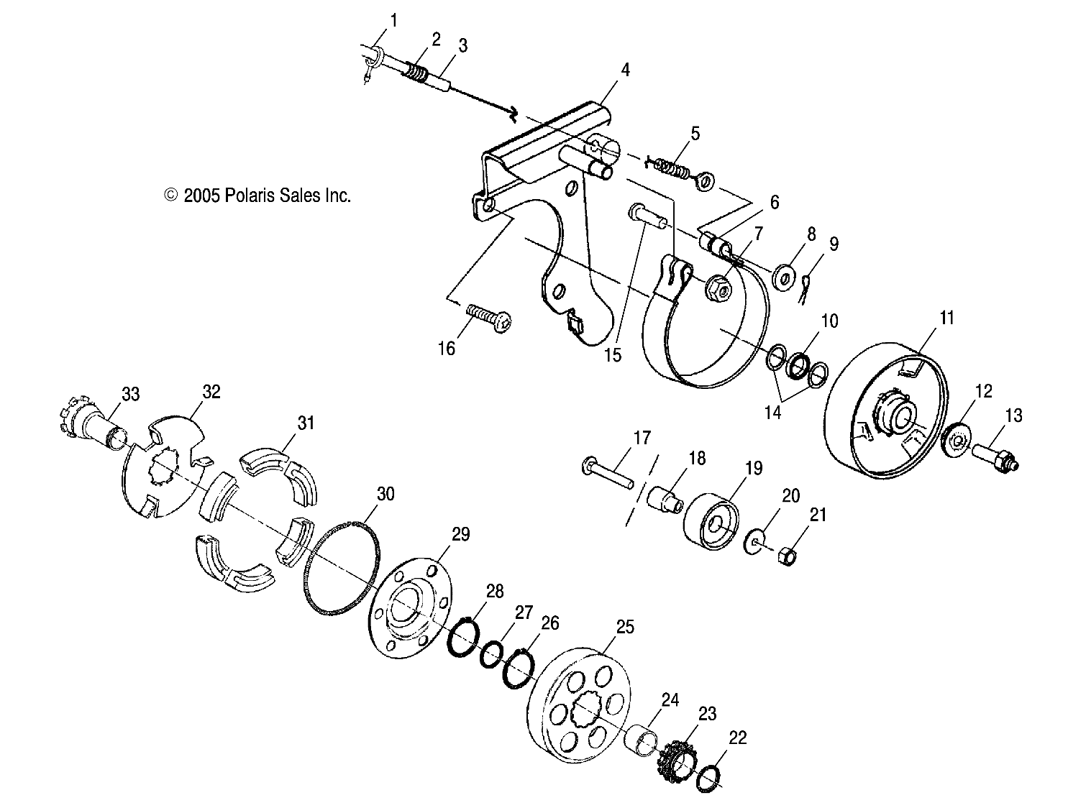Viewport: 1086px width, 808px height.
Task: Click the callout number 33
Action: pyautogui.click(x=130, y=394)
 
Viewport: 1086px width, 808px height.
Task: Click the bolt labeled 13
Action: pyautogui.click(x=994, y=458)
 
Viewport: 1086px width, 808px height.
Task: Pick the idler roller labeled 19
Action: pyautogui.click(x=712, y=521)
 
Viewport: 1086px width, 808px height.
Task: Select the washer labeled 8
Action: pyautogui.click(x=783, y=276)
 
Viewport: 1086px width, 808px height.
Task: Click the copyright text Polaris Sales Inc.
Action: pyautogui.click(x=257, y=195)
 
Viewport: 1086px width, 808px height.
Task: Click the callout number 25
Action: pyautogui.click(x=625, y=627)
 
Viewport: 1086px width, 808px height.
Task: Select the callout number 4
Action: pyautogui.click(x=625, y=70)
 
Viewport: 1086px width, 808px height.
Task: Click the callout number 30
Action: pyautogui.click(x=385, y=494)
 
